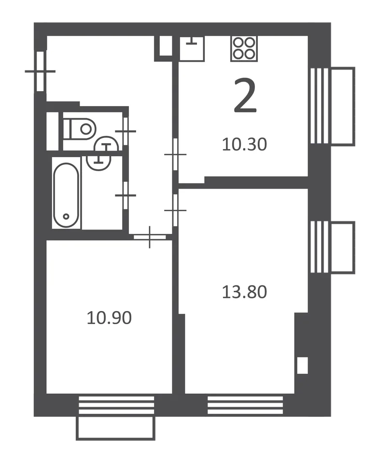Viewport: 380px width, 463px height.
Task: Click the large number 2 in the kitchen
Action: (245, 95)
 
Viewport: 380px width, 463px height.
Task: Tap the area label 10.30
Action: (244, 144)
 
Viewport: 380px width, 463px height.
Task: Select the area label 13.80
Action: (244, 292)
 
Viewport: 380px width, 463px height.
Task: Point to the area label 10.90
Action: (109, 318)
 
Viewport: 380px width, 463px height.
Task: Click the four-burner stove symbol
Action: (244, 48)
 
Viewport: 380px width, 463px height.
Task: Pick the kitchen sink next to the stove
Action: (192, 49)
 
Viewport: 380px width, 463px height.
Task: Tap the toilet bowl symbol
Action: (80, 129)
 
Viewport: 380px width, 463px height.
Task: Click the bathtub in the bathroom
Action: (66, 195)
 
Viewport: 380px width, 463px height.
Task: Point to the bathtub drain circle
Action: (66, 217)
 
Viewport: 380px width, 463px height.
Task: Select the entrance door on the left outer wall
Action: (40, 71)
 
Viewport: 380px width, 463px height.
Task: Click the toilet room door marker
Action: (126, 131)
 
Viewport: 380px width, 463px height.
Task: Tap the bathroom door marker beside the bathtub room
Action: (126, 195)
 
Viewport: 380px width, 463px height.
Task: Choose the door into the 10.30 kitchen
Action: (175, 154)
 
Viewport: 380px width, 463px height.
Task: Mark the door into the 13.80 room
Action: (175, 210)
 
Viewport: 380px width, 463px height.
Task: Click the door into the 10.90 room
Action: (150, 237)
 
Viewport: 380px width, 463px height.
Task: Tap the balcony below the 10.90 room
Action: (115, 428)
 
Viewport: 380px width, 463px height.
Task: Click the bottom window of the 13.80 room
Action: (245, 405)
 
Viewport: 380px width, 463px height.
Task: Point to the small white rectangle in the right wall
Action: (302, 366)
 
